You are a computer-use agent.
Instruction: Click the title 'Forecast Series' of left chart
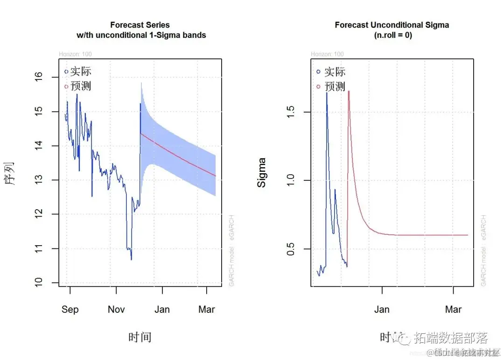tap(140, 25)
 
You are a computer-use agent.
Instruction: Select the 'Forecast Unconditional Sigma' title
tap(392, 25)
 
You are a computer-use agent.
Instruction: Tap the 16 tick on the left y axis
tap(40, 76)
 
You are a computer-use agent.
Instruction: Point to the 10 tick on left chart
tap(40, 282)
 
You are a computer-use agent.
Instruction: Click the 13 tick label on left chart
tap(40, 180)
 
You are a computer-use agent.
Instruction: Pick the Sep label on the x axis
tap(70, 310)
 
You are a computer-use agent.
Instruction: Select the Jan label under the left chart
tap(162, 310)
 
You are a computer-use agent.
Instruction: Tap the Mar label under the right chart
tap(453, 310)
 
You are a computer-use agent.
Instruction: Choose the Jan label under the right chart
tap(382, 310)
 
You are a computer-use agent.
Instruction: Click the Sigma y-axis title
tap(262, 173)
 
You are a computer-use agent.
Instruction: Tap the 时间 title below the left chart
tap(140, 337)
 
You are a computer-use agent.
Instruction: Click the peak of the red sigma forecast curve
tap(349, 92)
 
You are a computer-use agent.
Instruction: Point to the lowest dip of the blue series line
tap(131, 260)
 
